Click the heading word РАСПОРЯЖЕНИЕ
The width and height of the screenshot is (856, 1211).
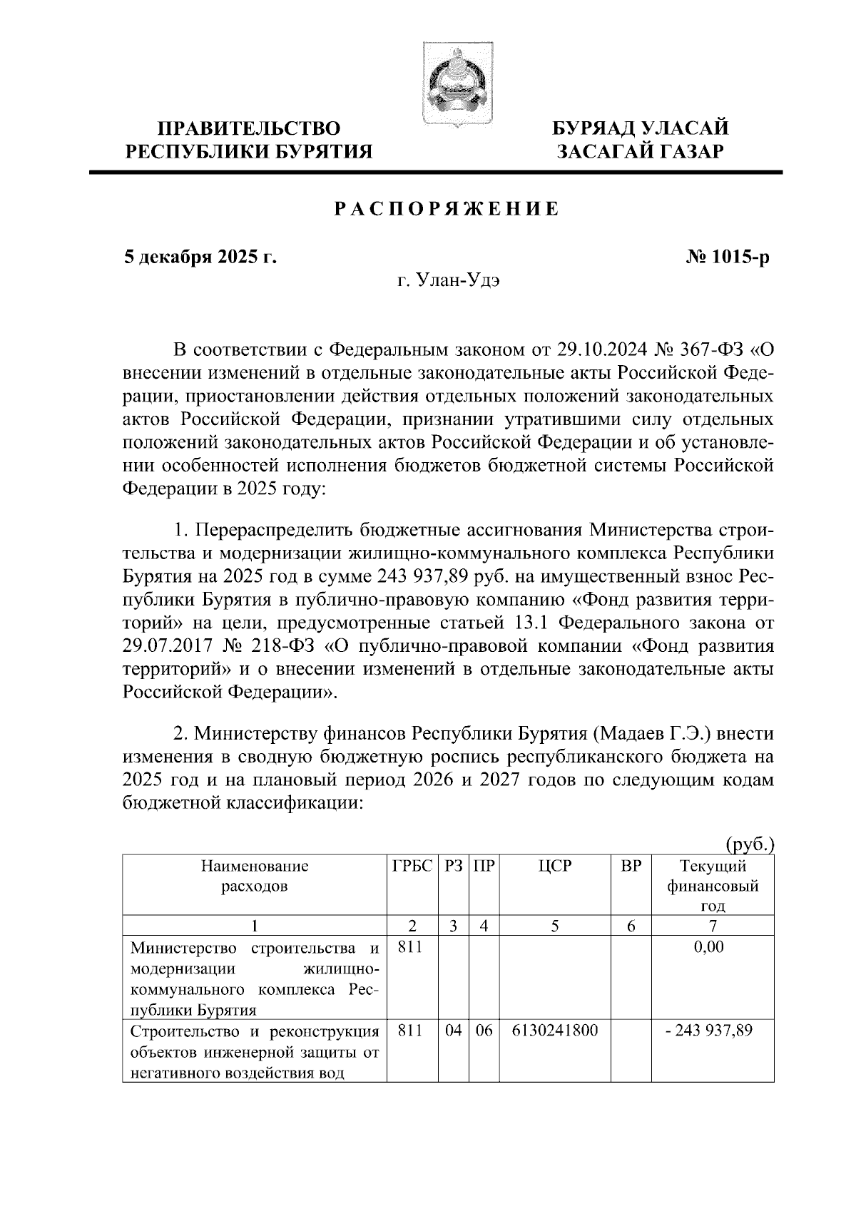point(447,209)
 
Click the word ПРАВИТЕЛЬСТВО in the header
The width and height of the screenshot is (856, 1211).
point(249,129)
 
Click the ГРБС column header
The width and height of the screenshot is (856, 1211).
point(412,867)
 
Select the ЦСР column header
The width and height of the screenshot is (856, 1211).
point(554,867)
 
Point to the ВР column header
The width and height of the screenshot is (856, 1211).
point(631,867)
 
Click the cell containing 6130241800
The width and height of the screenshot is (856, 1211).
point(554,1031)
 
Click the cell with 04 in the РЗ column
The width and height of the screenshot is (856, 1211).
point(453,1031)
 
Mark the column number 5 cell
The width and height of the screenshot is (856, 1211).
point(554,926)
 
